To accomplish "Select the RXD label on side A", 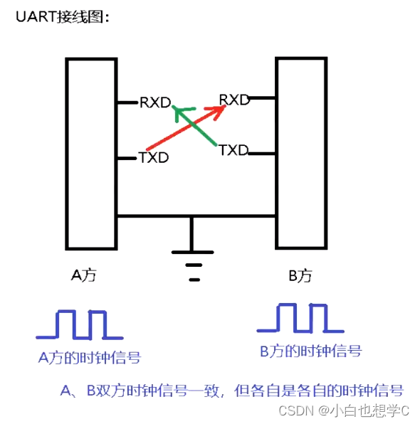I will coord(155,102).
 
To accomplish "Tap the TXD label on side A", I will coord(154,157).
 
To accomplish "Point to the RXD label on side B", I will coord(234,100).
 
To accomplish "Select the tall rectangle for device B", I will coord(301,152).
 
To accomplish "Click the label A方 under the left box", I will coord(83,276).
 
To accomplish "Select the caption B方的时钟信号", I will coord(310,351).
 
